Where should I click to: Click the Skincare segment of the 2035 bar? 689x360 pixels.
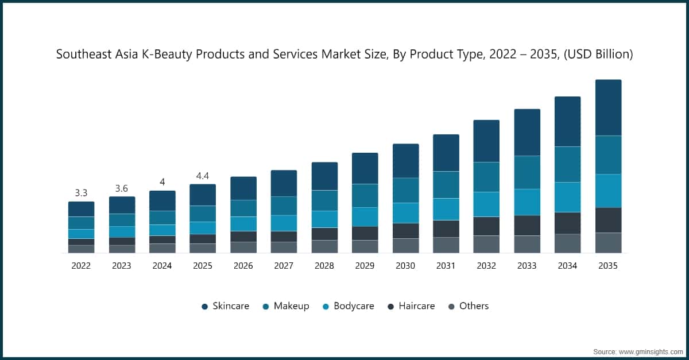[x=608, y=107]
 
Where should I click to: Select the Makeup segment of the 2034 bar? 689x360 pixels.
[x=567, y=164]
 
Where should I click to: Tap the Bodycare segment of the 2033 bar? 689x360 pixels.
[x=527, y=202]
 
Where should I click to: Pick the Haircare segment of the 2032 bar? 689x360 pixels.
[x=486, y=226]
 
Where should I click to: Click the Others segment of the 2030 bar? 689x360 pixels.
[x=405, y=245]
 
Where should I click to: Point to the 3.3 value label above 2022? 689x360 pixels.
[x=81, y=193]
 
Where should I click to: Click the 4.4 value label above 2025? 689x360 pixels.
[x=202, y=176]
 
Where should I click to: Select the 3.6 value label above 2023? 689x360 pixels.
[x=121, y=188]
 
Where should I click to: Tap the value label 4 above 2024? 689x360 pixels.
[x=162, y=182]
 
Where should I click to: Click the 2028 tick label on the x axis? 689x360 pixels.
[x=324, y=266]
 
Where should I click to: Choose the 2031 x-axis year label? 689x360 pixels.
[x=446, y=266]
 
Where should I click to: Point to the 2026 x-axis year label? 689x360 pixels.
[x=243, y=266]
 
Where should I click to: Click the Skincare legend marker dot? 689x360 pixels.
[x=204, y=307]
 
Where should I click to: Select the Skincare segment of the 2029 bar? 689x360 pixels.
[x=365, y=168]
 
